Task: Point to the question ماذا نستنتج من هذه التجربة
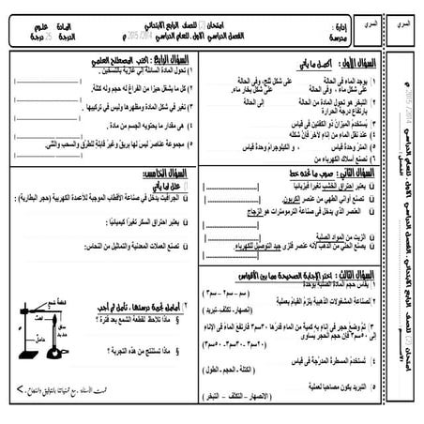pos(140,347)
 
